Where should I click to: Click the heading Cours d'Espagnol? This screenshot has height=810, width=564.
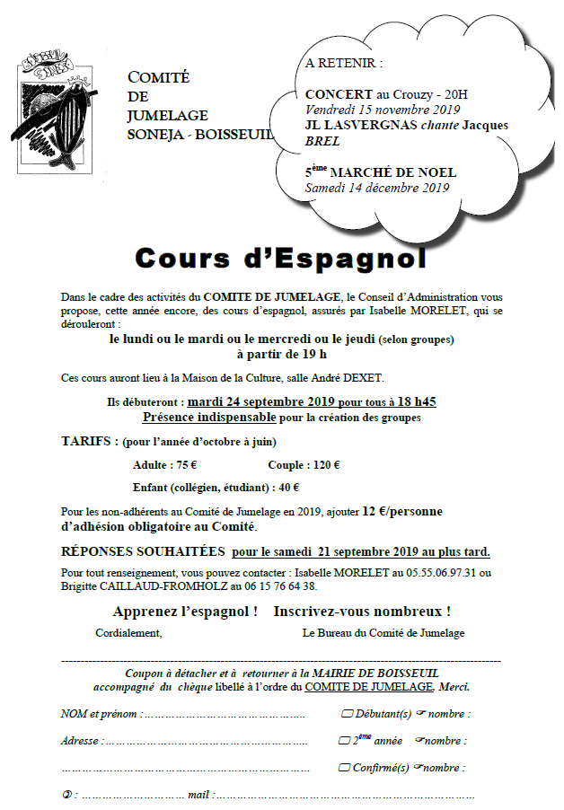pos(279,259)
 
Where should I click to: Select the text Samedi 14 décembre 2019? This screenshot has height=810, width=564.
pos(376,188)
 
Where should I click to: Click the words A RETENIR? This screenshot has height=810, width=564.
pos(343,64)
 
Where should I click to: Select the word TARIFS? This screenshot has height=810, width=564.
pos(88,442)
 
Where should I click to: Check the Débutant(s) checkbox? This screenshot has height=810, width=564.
pos(347,715)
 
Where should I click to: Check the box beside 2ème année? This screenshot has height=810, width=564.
pos(342,741)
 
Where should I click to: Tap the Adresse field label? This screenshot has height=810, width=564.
pos(81,742)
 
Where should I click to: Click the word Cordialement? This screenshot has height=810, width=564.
pos(128,633)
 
